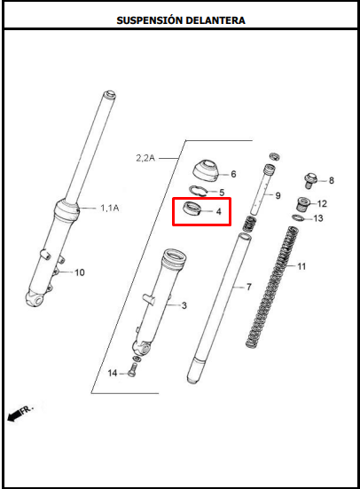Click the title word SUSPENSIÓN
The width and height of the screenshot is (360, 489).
coord(148,20)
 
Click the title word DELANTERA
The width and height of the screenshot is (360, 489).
coord(215,20)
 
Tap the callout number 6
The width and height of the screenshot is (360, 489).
coord(233,174)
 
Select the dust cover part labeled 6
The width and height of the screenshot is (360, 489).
coord(206,170)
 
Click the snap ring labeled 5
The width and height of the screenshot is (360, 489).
coord(198,191)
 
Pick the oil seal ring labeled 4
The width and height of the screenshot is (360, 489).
coord(192,209)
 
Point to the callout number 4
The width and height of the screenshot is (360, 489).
coord(219,211)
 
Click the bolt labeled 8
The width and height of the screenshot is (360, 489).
coord(310,180)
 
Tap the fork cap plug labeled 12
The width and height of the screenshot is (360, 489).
coord(302,204)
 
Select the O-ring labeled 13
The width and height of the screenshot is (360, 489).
coord(298,217)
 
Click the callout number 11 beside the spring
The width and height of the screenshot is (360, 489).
coord(301,266)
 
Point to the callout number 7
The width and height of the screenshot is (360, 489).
coord(249,287)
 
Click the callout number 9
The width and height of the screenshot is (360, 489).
coord(278,195)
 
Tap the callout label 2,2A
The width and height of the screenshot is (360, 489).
coord(145,158)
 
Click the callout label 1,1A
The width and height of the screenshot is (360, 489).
coord(110,208)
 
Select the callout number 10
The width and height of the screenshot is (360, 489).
coord(80,272)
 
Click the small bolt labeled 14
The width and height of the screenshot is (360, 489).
coord(133,370)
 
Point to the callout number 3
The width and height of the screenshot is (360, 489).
coord(184,305)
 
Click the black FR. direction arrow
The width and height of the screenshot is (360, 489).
coord(14,415)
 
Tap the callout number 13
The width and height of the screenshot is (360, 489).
coord(318,218)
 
